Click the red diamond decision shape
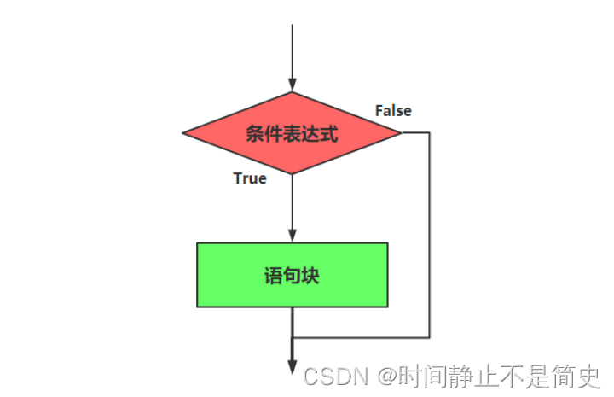(292, 133)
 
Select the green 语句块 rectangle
(292, 275)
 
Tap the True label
(250, 178)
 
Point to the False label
(393, 111)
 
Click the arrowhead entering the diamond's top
(292, 86)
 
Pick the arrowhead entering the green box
(292, 236)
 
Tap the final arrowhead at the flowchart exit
(292, 368)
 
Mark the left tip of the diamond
(184, 133)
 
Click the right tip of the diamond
(399, 133)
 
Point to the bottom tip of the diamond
(292, 174)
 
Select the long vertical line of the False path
(429, 235)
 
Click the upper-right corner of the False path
(429, 133)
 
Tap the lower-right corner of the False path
(429, 337)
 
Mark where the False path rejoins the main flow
(293, 337)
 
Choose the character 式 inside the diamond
(329, 134)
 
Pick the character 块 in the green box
(310, 276)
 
